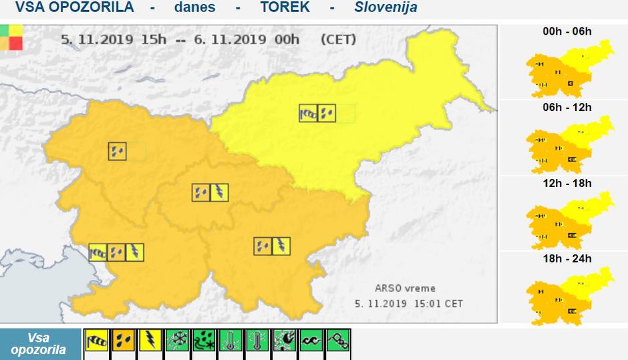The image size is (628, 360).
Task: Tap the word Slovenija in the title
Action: (386, 7)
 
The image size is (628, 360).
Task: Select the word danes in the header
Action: (194, 7)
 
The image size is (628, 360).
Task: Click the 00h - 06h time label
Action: (567, 31)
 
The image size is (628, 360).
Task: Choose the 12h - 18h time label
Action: (567, 183)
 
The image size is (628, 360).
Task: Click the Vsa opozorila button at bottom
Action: (39, 344)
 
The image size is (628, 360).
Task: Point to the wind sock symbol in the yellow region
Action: (309, 114)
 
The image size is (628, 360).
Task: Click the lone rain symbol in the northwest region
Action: (117, 152)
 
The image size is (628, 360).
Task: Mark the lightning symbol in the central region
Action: (218, 193)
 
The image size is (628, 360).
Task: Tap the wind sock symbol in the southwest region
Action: (99, 252)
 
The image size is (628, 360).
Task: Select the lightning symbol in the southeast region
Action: (281, 246)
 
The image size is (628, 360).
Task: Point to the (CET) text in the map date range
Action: (338, 39)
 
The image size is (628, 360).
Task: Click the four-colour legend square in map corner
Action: (11, 37)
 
